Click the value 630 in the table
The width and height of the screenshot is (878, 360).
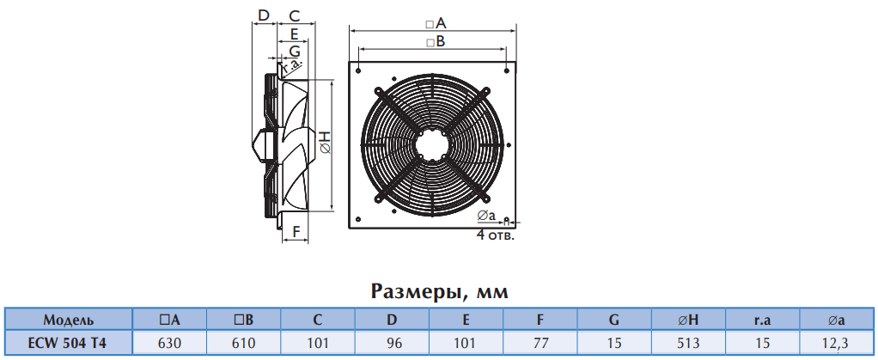tap(169, 343)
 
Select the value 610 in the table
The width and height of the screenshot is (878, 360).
tap(244, 343)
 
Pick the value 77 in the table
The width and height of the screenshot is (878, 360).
tap(540, 343)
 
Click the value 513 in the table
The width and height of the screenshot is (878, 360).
tap(688, 343)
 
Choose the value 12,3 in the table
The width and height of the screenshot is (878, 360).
tap(837, 343)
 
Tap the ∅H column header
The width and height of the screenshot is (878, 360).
tap(688, 320)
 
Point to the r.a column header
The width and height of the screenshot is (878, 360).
tap(762, 320)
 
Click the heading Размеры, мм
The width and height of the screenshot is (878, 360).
tap(439, 292)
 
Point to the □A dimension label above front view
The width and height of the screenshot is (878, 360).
tap(435, 23)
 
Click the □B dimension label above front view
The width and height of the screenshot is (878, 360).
tap(435, 41)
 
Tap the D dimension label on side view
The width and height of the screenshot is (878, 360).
tap(264, 15)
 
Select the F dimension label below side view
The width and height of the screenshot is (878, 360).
tap(296, 230)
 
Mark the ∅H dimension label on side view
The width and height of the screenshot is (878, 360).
tap(326, 143)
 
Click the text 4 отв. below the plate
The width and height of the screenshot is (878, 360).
tap(495, 235)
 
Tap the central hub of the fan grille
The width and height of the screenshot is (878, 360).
tap(432, 143)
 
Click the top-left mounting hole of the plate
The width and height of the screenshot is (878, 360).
tap(358, 71)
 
